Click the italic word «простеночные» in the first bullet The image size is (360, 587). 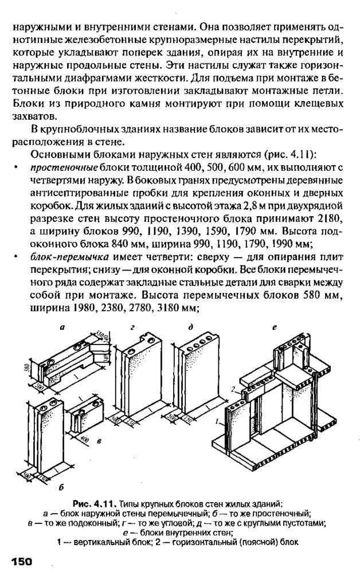click(64, 167)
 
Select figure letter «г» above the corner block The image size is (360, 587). click(134, 328)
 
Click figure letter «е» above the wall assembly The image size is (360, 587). click(275, 328)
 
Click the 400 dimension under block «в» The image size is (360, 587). click(85, 438)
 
